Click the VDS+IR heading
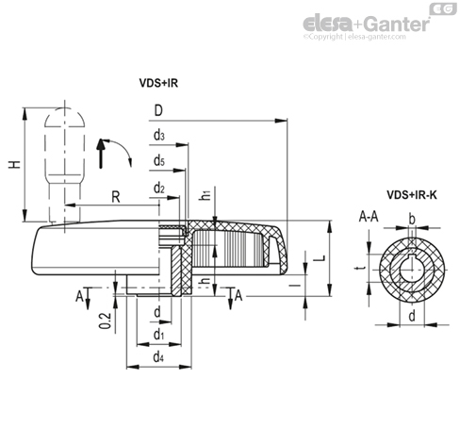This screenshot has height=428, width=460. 158,83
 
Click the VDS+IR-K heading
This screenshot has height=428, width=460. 412,195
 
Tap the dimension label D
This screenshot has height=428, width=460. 158,110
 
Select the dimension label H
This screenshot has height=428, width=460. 14,164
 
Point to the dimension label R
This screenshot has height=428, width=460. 116,197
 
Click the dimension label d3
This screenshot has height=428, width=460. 159,136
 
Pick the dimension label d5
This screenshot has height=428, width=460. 159,160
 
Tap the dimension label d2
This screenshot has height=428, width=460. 159,189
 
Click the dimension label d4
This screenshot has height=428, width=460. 158,357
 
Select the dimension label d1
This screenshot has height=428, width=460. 158,335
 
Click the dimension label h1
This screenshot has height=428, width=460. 205,195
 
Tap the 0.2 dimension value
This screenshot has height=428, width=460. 106,321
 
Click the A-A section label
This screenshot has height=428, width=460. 369,217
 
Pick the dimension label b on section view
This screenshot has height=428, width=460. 412,220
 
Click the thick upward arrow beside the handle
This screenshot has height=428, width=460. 101,154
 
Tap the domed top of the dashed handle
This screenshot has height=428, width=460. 65,117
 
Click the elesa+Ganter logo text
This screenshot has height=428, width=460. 367,24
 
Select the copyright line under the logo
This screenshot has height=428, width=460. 354,37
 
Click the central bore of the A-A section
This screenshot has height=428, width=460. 412,270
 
